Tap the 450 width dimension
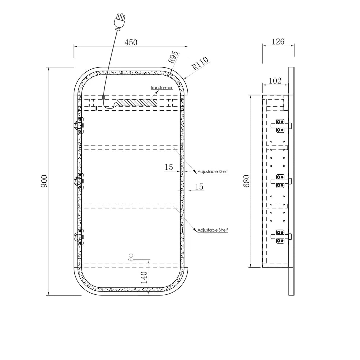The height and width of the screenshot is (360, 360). tap(131, 42)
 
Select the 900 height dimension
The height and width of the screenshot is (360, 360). tap(44, 181)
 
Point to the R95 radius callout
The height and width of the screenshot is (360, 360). tap(173, 57)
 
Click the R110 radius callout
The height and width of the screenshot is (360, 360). tap(200, 63)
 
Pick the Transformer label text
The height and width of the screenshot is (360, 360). tap(161, 87)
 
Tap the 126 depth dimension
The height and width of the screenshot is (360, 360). tap(278, 42)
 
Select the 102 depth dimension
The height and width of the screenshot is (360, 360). tap(275, 81)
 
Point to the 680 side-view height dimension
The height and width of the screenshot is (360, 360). tap(246, 181)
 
